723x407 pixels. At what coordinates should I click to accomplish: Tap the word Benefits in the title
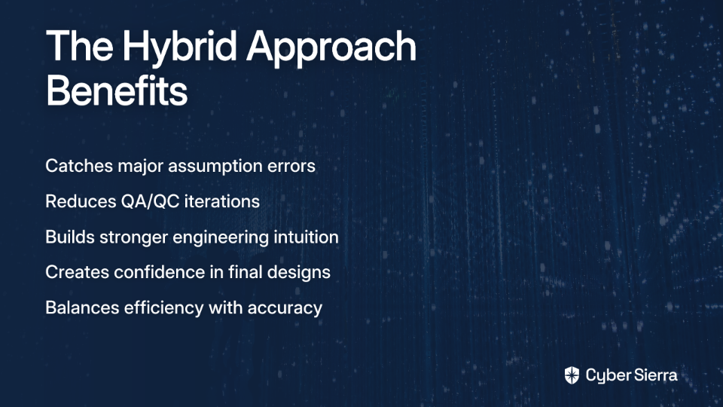(x=117, y=90)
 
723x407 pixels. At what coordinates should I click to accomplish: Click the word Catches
(x=79, y=166)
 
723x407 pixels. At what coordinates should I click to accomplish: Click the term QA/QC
(x=151, y=202)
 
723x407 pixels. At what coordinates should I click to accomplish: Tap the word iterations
(x=221, y=202)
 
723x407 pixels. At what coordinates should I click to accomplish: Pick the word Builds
(x=70, y=237)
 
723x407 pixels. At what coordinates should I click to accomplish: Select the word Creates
(x=78, y=272)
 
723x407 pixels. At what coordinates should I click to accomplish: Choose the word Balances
(x=82, y=308)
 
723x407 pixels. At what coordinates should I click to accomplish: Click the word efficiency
(x=163, y=308)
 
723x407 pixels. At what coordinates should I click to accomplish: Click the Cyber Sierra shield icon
(x=572, y=375)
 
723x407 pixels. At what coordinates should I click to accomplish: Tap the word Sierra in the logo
(x=654, y=375)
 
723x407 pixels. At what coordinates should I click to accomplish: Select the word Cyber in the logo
(x=607, y=376)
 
